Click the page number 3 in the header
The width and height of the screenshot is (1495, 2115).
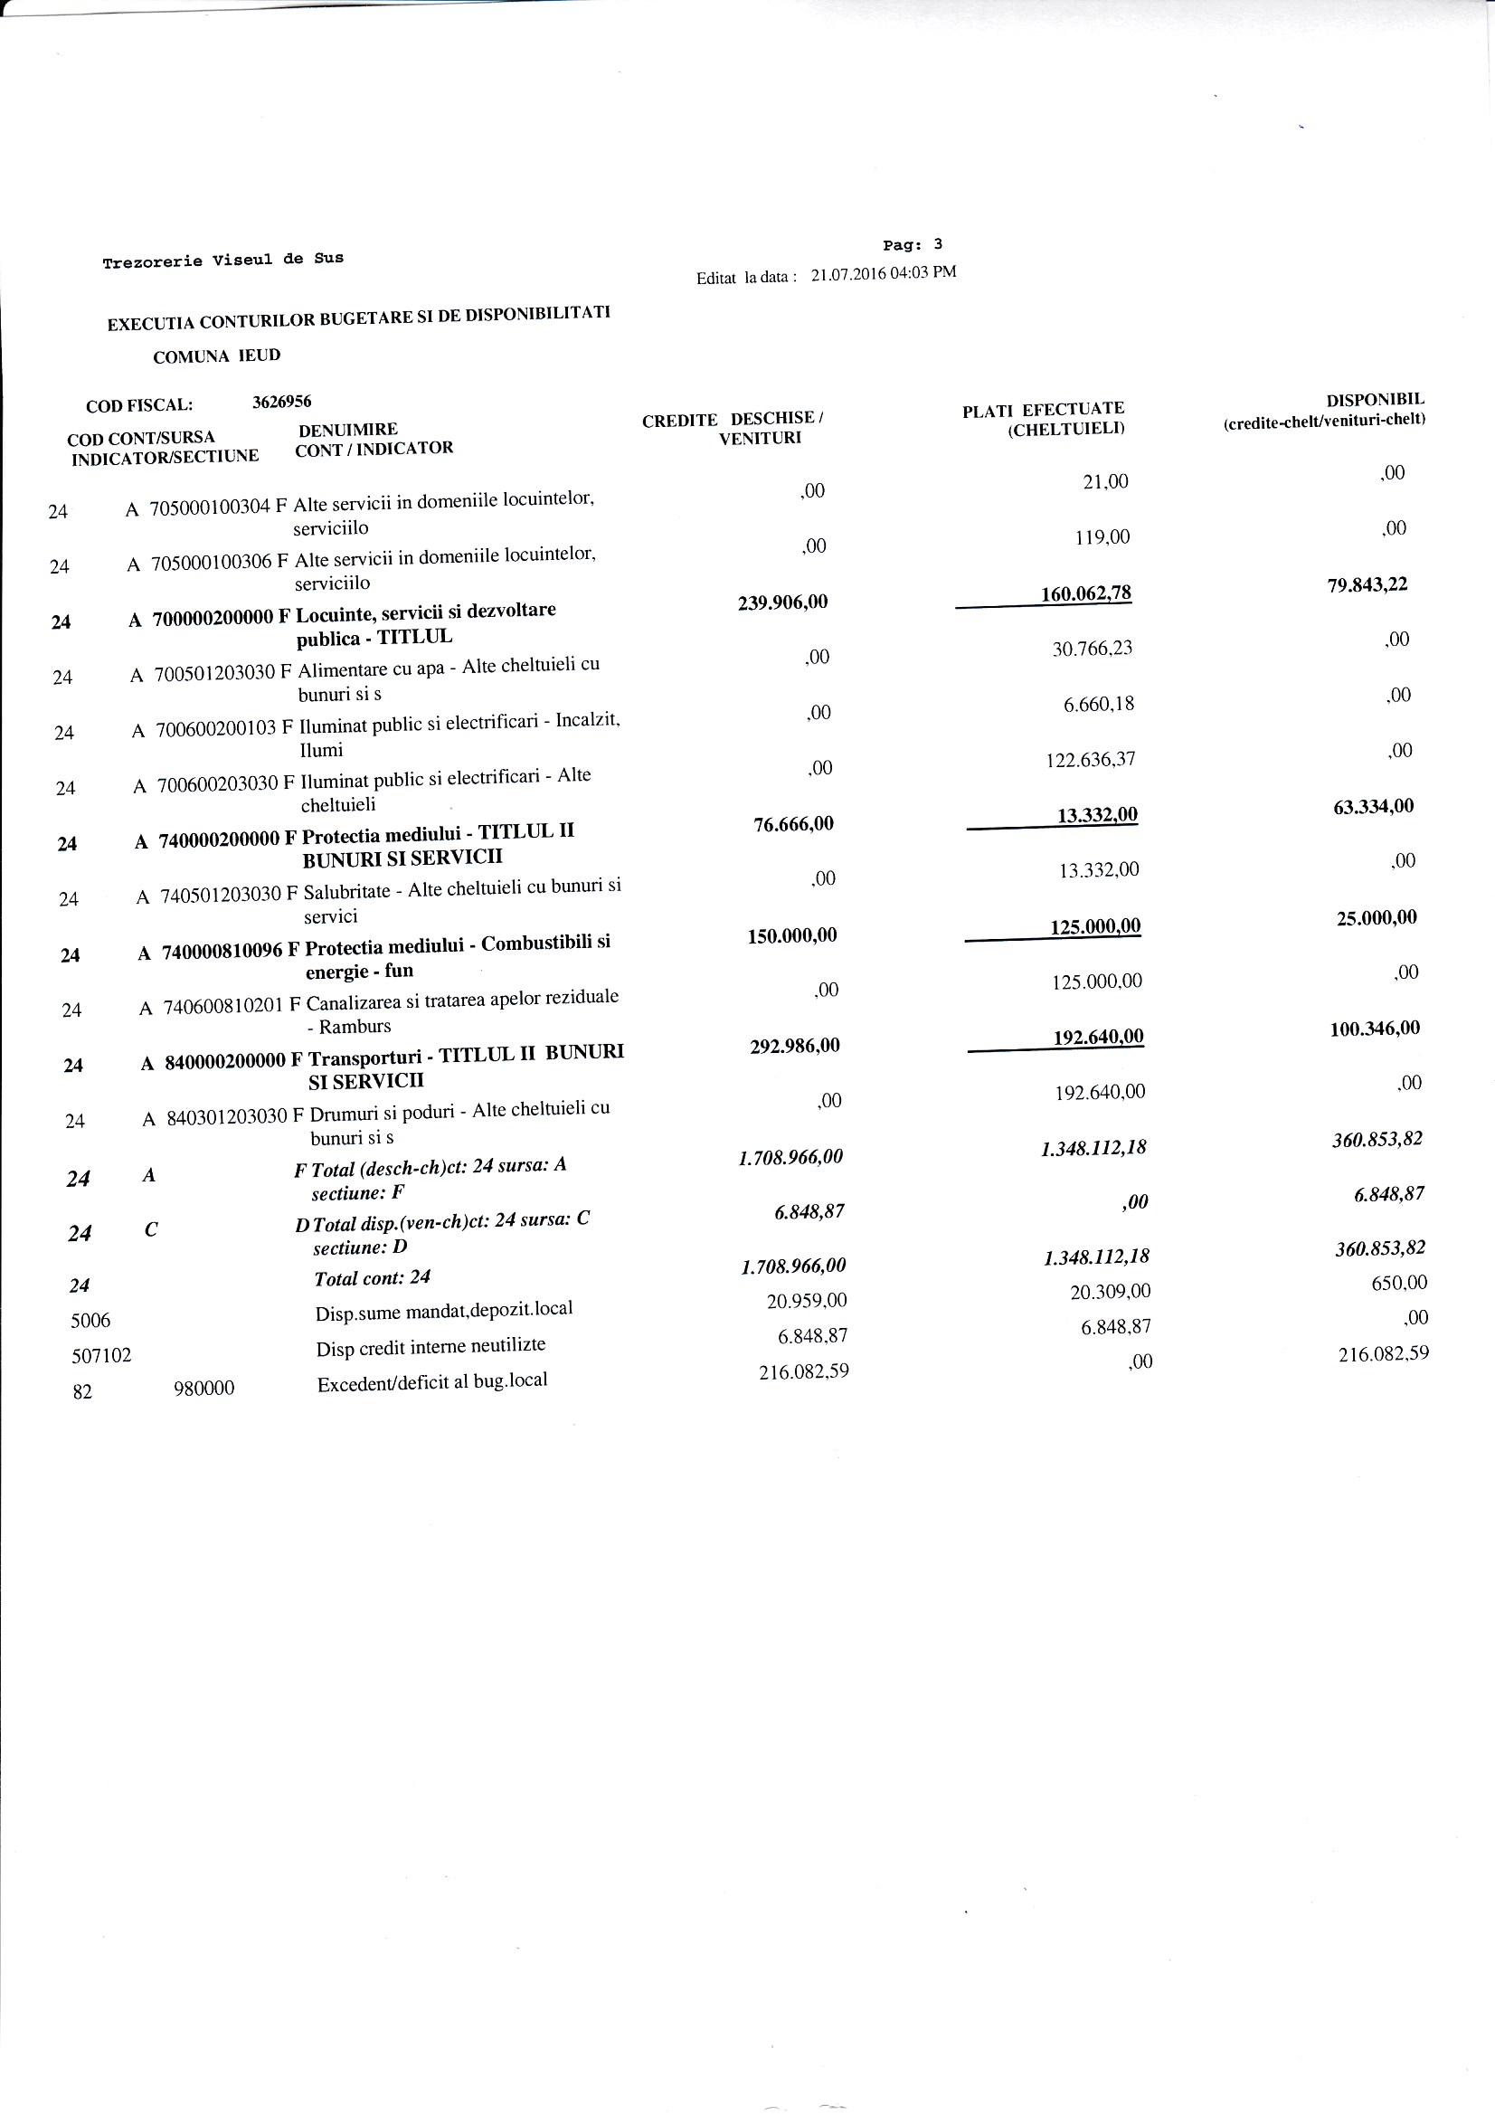[x=938, y=244]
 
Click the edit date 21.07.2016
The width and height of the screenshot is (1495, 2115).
[x=847, y=274]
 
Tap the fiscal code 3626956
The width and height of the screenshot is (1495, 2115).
[x=282, y=402]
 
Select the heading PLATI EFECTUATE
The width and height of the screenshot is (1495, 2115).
[x=1043, y=410]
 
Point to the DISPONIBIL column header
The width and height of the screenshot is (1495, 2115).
[x=1375, y=400]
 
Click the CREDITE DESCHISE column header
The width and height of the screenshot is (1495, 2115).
[x=732, y=419]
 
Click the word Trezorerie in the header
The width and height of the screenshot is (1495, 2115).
[x=152, y=262]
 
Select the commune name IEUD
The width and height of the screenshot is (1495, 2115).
[x=259, y=356]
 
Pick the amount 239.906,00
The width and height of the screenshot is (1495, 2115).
[x=782, y=602]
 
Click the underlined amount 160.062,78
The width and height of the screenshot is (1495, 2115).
[x=1085, y=594]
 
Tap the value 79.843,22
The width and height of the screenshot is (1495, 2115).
[x=1367, y=585]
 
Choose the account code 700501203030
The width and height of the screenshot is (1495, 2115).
[x=215, y=673]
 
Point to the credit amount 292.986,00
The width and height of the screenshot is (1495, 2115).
[x=794, y=1046]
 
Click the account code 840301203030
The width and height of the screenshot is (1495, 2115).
[x=228, y=1117]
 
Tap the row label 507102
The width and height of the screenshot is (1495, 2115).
[x=101, y=1355]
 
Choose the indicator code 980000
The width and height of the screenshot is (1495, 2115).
[x=203, y=1389]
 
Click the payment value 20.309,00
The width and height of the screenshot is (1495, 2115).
[x=1110, y=1293]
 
